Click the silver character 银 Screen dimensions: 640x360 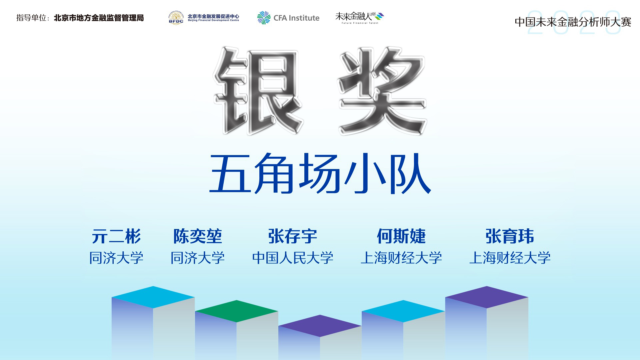coord(258,91)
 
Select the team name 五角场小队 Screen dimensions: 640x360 coord(320,174)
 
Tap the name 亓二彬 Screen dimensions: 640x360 coord(116,236)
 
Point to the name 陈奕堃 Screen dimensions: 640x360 coord(198,236)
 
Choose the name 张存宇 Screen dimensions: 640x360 coord(293,236)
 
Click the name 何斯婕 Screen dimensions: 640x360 coord(401,236)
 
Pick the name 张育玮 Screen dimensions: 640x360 coord(510,236)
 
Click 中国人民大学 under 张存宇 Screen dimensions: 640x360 coord(293,258)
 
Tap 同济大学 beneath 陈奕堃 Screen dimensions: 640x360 coord(198,258)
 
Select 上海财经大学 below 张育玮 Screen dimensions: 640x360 coord(510,258)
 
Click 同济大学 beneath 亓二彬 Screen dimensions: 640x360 coord(116,258)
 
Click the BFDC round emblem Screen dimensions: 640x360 coord(176,18)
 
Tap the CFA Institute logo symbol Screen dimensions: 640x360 coord(264,18)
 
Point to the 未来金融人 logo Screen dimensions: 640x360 coord(360,18)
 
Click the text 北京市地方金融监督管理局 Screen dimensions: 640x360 coord(99,18)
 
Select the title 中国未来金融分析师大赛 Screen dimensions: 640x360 coord(573,22)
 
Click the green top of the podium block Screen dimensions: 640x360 coord(237,311)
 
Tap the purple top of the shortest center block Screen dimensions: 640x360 coord(320,326)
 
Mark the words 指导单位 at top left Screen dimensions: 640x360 coord(31,18)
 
